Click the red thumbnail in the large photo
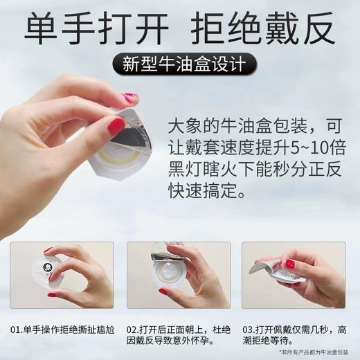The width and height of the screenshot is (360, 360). tap(116, 125)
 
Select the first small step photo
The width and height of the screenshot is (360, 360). tap(62, 274)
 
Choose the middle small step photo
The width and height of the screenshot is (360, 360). tap(179, 274)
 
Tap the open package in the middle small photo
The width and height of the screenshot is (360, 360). tap(170, 273)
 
